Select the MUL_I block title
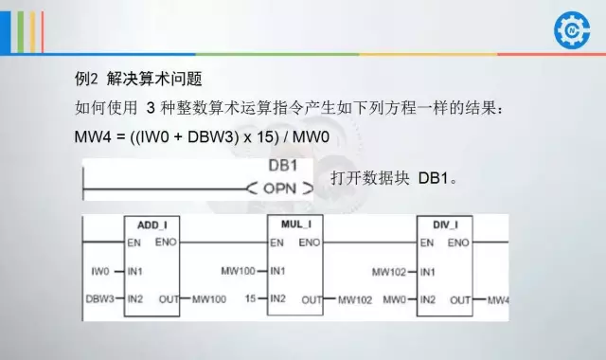(296, 224)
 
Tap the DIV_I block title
(444, 225)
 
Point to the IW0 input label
(102, 272)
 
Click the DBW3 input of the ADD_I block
(99, 299)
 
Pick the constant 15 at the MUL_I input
(250, 299)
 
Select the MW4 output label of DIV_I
(498, 300)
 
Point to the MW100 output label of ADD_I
(208, 300)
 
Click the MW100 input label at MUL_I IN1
(239, 272)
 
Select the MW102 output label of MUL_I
(356, 300)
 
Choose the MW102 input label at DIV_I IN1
(388, 272)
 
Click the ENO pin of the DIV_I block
(458, 243)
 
